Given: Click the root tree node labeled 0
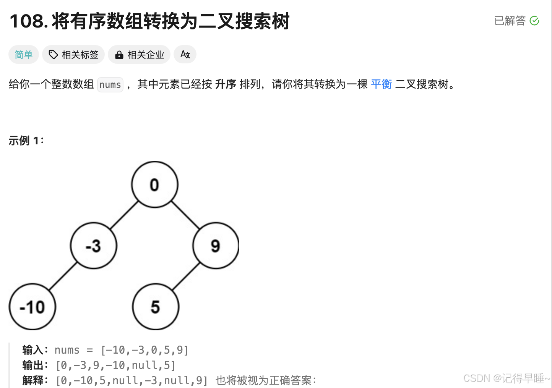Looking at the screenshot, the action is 154,184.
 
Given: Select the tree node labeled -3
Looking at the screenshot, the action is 94,246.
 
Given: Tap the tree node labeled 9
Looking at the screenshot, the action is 216,246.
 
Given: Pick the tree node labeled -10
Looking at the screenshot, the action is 32,307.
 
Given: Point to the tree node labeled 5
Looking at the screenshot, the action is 155,307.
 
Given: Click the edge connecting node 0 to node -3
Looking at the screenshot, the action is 124,215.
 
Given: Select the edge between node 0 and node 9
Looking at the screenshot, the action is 185,215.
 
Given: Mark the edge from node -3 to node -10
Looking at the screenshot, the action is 63,276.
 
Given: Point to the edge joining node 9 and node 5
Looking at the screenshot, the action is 186,276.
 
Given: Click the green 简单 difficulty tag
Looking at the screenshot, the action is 24,55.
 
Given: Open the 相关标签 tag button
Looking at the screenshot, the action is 73,55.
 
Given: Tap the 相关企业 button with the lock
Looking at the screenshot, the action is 140,55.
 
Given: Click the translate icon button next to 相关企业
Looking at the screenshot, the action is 185,54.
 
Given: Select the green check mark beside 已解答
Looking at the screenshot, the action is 534,21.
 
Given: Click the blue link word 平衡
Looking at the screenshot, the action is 382,84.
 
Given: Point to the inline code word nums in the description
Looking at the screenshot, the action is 110,84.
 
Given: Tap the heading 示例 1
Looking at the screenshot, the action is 26,141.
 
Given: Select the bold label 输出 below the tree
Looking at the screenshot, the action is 32,365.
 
